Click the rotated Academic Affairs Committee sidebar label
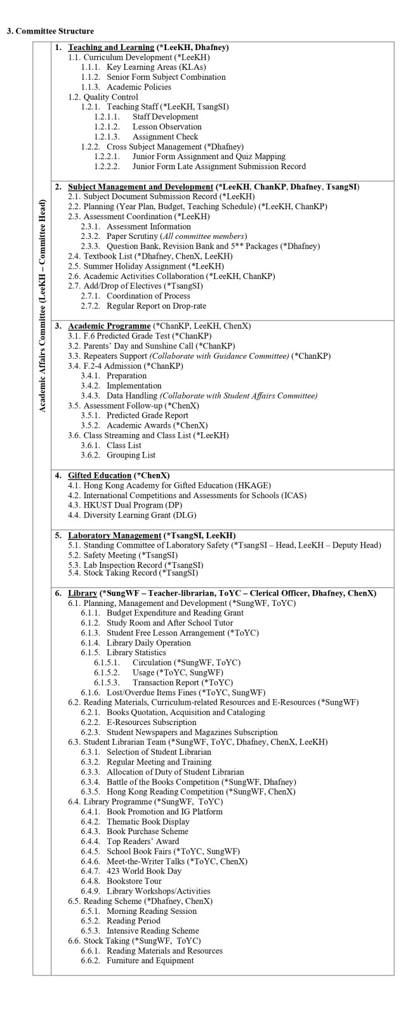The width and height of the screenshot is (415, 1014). tap(43, 306)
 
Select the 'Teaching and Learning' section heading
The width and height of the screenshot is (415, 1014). tap(111, 47)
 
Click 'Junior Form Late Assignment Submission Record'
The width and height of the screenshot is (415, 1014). tap(219, 167)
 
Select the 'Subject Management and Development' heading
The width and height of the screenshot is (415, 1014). tap(140, 187)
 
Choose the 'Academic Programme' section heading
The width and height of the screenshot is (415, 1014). tap(104, 326)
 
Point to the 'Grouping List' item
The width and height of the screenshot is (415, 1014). tap(131, 455)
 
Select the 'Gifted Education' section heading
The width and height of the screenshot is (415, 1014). tap(100, 475)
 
